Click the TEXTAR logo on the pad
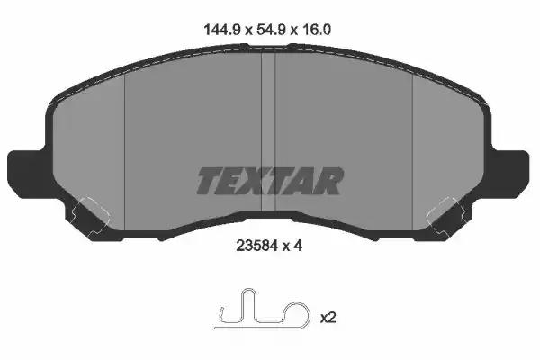pos(269,181)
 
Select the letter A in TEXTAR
pos(304,181)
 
